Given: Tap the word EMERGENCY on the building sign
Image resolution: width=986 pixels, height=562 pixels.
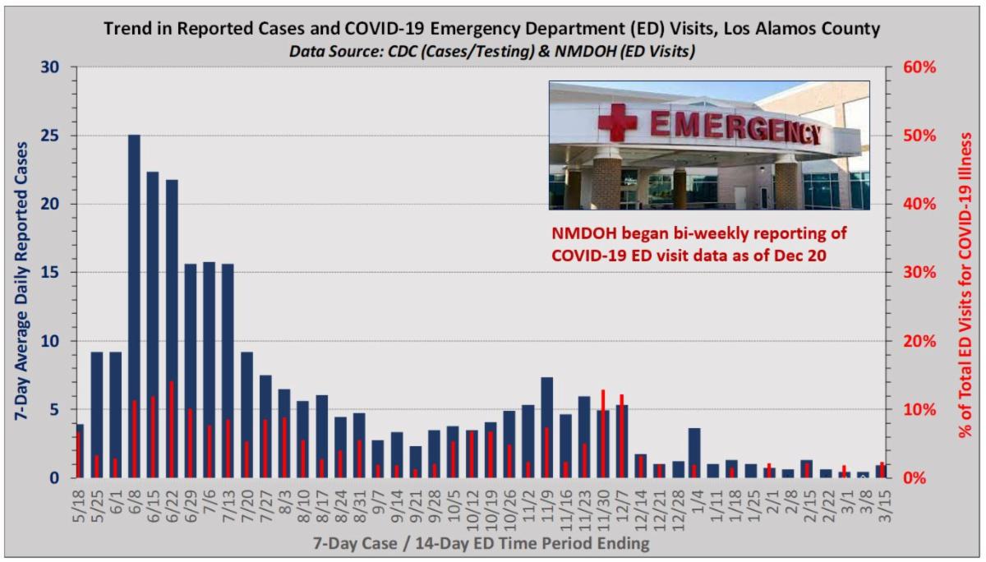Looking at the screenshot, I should pyautogui.click(x=735, y=127).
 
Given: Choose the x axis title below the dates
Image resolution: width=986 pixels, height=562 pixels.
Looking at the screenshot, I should pyautogui.click(x=481, y=544).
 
